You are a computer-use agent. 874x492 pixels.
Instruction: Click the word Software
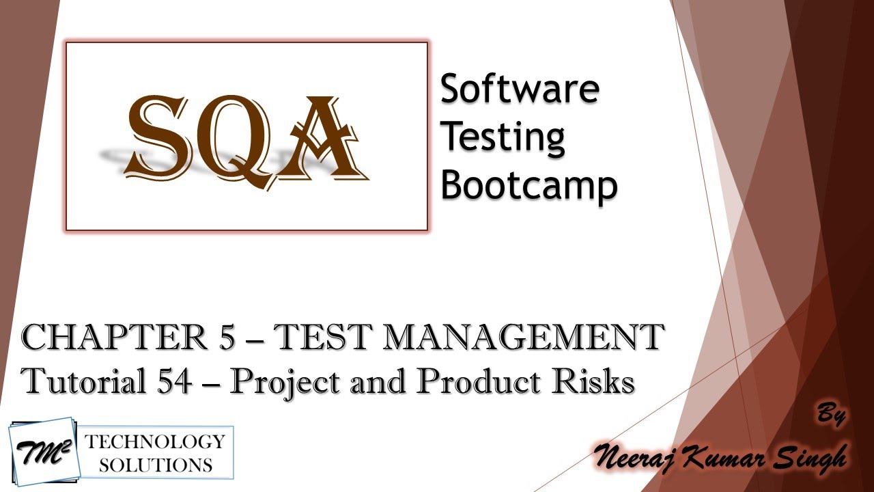(x=520, y=89)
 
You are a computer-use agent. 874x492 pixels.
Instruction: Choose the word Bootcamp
(x=528, y=185)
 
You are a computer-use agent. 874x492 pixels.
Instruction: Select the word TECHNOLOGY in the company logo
(x=154, y=441)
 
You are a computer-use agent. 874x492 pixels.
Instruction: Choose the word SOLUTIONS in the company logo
(x=156, y=465)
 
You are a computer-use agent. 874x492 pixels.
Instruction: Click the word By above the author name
(x=830, y=415)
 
